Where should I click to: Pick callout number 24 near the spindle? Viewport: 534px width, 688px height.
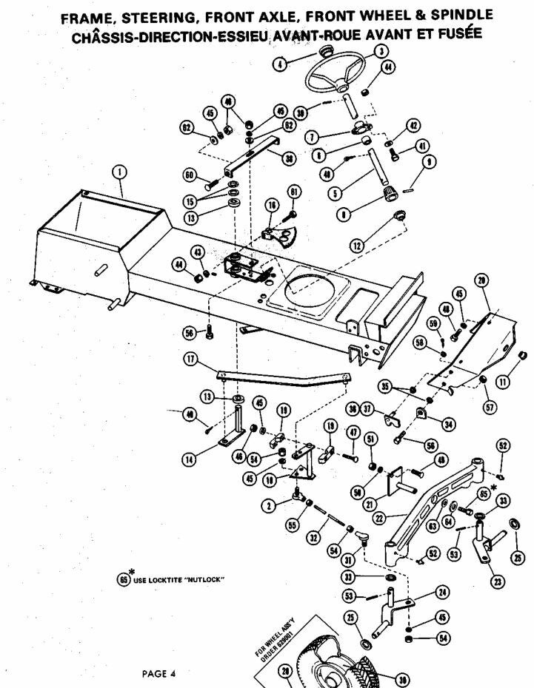click(442, 592)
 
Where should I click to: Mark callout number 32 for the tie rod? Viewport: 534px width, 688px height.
click(315, 539)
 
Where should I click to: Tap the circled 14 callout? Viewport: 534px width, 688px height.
click(190, 459)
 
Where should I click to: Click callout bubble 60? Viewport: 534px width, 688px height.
click(189, 175)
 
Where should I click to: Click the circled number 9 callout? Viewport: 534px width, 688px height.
click(430, 162)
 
